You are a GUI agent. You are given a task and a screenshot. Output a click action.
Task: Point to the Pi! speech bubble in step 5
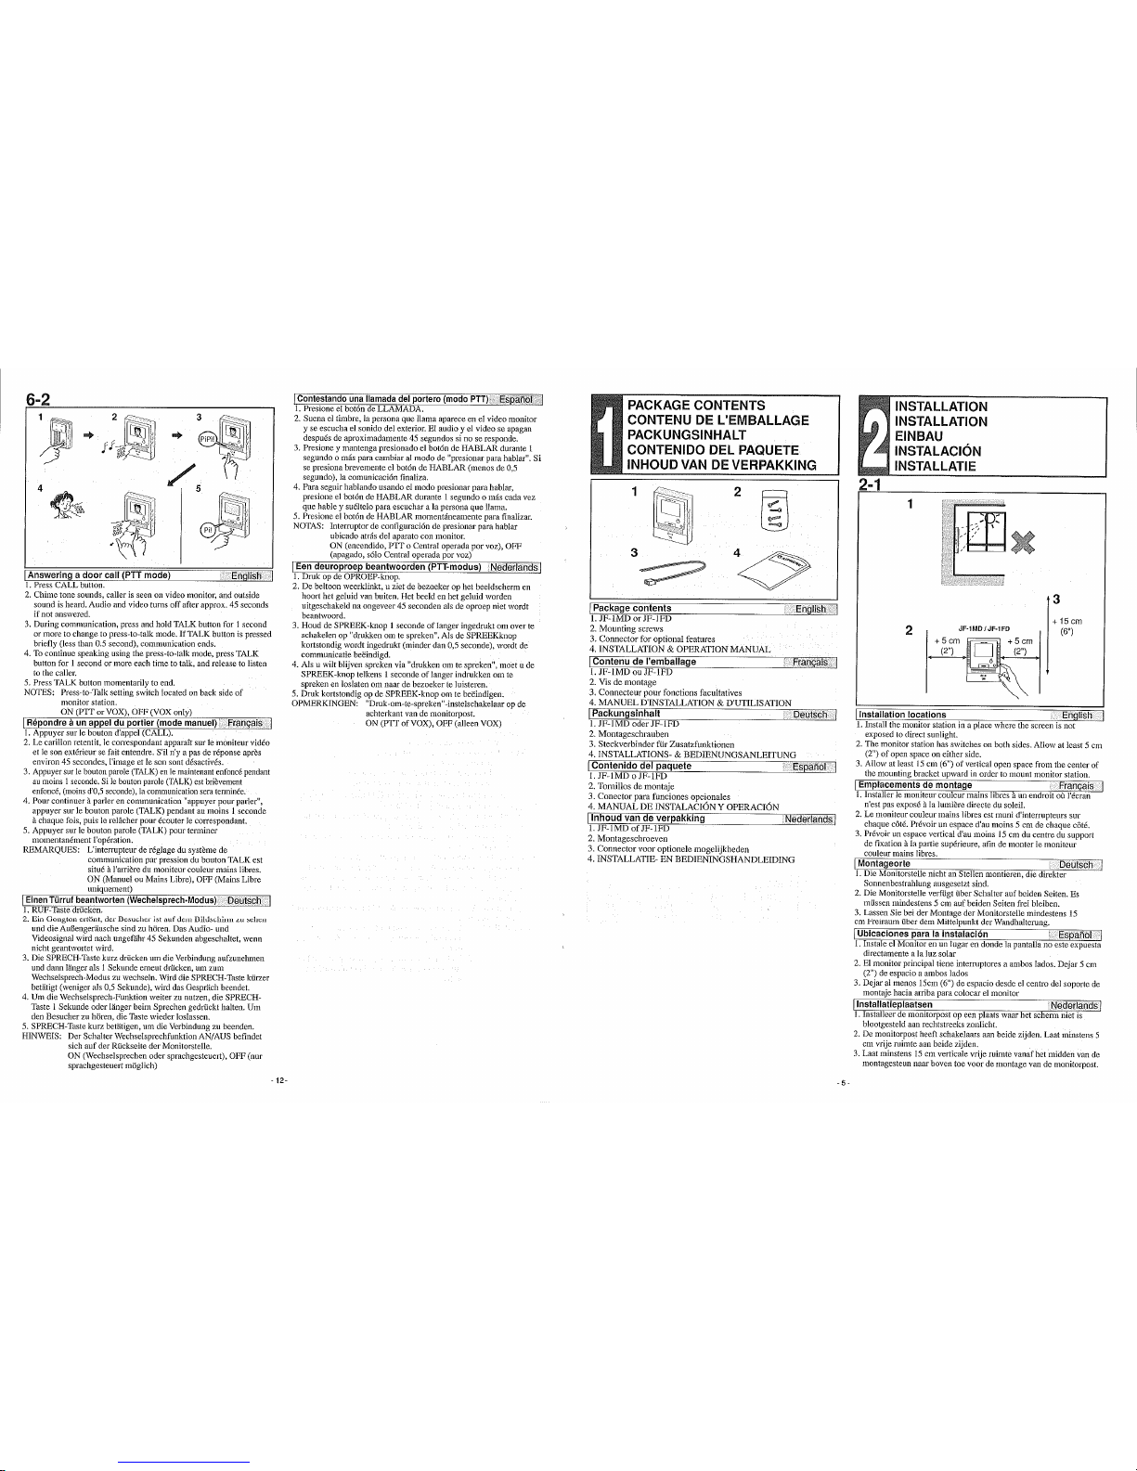[x=210, y=531]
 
